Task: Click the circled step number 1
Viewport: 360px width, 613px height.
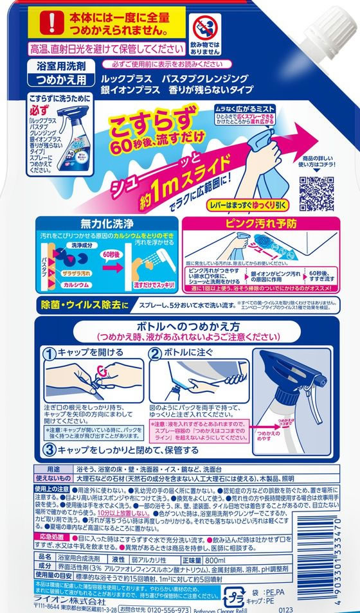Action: point(49,352)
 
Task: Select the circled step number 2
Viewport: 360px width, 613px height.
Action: point(155,352)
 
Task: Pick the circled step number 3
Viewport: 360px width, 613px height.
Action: point(49,450)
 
